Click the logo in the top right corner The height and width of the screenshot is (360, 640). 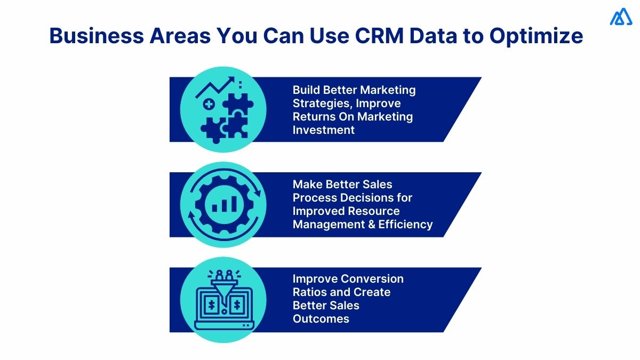point(621,17)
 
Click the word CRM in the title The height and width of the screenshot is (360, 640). point(378,36)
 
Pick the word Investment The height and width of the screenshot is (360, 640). point(323,130)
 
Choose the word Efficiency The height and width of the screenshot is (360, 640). point(405,225)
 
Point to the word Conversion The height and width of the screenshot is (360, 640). point(372,279)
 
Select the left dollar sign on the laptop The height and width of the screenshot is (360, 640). point(212,305)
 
